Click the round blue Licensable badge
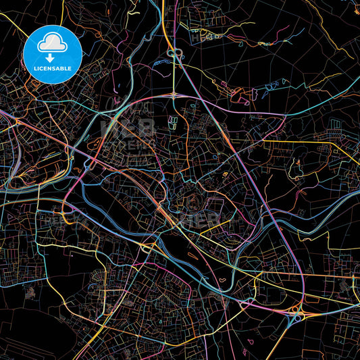(53, 53)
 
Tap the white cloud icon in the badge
(53, 45)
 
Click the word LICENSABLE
(53, 69)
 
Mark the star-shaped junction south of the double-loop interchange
(174, 95)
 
